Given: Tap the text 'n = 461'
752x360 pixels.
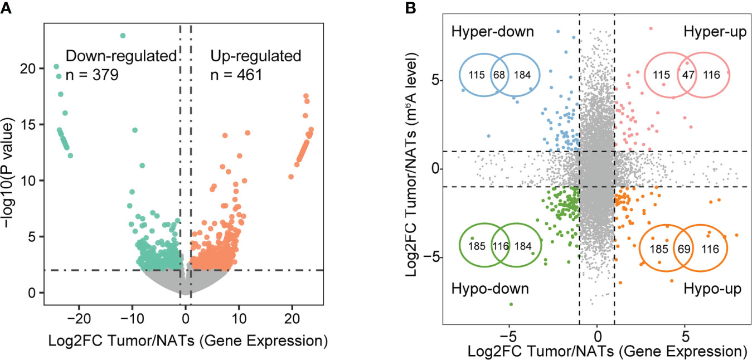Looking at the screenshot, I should coord(236,74).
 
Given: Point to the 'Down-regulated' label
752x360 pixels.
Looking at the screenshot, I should coord(121,56).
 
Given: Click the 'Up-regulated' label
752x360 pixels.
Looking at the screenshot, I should coord(255,56).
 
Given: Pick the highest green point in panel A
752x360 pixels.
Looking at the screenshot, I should coord(123,36).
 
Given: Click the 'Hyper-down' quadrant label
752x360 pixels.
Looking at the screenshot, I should coord(492,32).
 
